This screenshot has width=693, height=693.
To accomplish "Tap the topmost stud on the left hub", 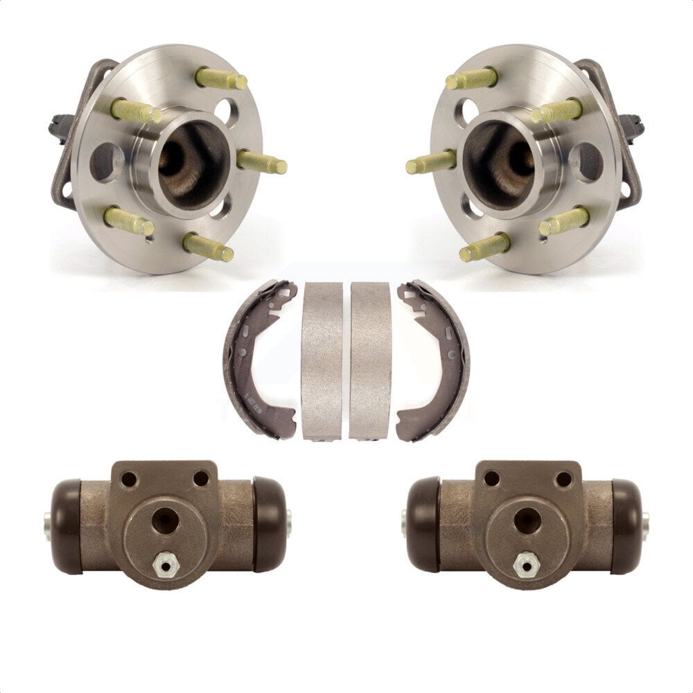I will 222,78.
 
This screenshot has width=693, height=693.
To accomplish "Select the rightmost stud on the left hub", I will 261,163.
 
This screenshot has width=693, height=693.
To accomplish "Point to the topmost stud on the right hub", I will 471,78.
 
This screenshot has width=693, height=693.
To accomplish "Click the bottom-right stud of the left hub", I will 208,247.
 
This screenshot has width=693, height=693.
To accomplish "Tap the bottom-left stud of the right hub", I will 484,247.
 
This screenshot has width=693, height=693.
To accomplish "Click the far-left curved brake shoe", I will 249,360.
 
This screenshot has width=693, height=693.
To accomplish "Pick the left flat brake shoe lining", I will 322,360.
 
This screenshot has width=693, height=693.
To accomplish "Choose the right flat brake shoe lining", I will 370,360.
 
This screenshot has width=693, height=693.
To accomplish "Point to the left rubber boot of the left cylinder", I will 67,525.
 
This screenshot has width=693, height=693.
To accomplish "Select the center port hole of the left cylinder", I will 165,520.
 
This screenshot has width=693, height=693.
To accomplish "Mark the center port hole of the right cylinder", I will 527,520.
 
